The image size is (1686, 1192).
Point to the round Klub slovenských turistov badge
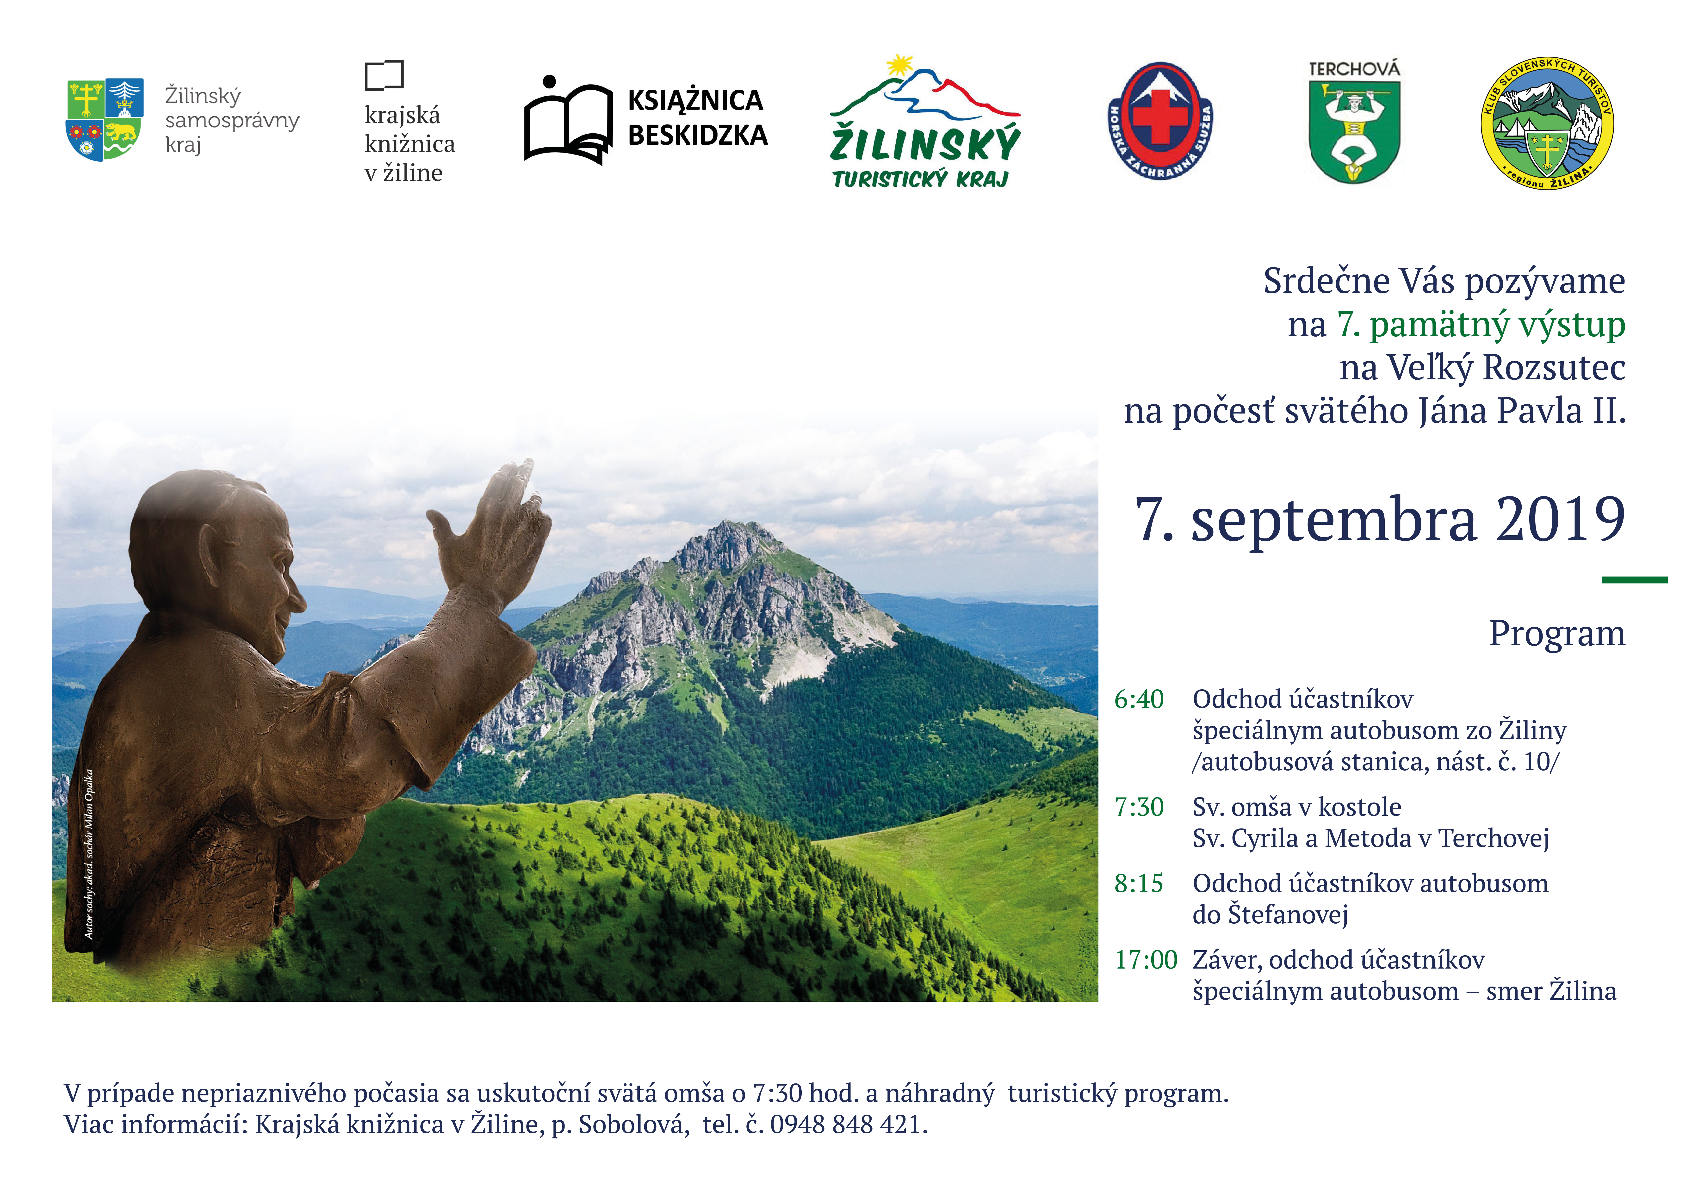click(x=1547, y=123)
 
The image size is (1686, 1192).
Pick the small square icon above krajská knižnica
click(x=384, y=75)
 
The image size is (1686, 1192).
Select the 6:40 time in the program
click(x=1139, y=699)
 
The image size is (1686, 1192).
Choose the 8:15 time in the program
click(x=1139, y=883)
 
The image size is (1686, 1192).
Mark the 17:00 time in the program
click(x=1146, y=960)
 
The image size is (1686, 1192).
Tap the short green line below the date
click(x=1635, y=580)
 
